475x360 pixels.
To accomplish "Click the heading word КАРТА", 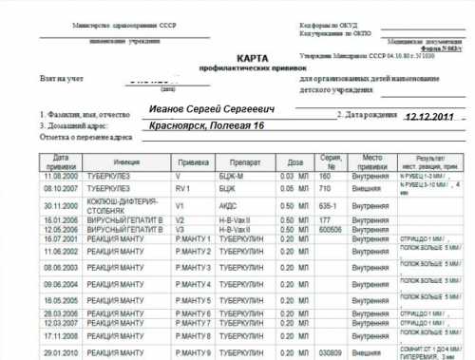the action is pos(237,57).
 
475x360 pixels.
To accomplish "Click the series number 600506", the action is pos(331,228).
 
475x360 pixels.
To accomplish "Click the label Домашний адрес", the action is pos(76,125).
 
